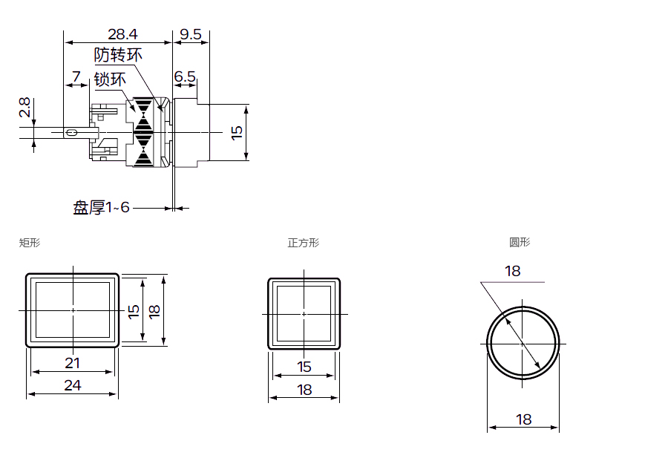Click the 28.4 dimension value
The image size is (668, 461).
click(x=122, y=34)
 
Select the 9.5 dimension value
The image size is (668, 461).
click(x=191, y=34)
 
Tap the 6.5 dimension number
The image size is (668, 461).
click(x=185, y=76)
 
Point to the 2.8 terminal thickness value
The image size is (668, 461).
click(x=24, y=108)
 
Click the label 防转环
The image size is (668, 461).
click(x=118, y=55)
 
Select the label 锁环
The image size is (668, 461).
click(x=110, y=79)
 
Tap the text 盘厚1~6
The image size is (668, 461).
click(x=101, y=208)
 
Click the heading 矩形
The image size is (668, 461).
click(x=30, y=243)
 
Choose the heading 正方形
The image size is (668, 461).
click(x=304, y=243)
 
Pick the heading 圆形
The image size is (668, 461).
click(x=520, y=242)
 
